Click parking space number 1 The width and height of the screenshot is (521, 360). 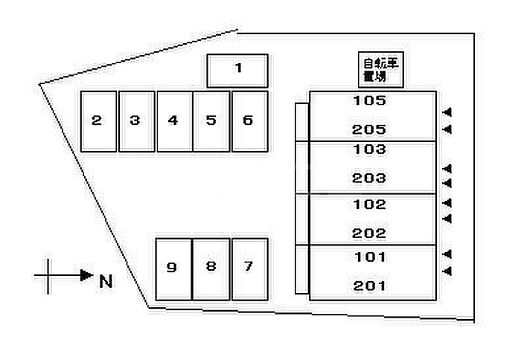click(237, 70)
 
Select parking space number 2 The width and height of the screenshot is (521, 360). click(98, 121)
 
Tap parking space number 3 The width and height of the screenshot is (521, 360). click(135, 121)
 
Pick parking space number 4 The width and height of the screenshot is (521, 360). click(173, 121)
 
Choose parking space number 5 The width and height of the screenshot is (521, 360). click(211, 121)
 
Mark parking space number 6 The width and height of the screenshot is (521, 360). click(249, 121)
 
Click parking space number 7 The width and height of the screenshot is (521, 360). click(249, 268)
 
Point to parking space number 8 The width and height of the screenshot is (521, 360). click(211, 268)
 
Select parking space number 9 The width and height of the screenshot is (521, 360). click(173, 268)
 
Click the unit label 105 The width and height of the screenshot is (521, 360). click(371, 100)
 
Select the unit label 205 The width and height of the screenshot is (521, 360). click(371, 129)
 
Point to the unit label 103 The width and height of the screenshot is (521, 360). click(371, 150)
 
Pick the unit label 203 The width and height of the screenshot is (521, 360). click(371, 179)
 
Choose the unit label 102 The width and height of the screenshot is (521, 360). click(371, 204)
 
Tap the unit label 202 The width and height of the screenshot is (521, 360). click(371, 233)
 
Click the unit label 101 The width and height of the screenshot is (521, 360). click(371, 257)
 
